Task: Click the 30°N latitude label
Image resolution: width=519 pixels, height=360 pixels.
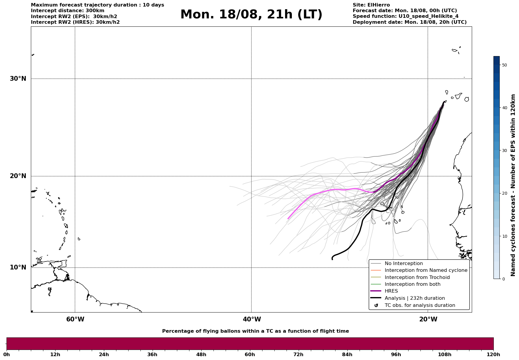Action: point(18,79)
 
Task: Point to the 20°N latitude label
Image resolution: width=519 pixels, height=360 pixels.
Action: point(18,176)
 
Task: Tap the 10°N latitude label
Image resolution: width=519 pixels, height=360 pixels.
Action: point(18,267)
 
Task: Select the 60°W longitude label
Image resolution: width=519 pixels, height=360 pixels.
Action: point(75,319)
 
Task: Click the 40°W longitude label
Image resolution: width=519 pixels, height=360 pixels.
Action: point(252,319)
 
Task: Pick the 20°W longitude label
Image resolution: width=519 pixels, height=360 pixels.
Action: point(428,319)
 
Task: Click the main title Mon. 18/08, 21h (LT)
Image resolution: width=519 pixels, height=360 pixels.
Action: point(251,15)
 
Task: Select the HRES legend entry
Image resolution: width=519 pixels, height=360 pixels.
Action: point(391,291)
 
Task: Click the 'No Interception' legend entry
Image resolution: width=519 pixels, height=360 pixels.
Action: point(404,264)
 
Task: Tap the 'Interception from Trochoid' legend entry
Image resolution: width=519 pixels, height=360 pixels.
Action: point(417,277)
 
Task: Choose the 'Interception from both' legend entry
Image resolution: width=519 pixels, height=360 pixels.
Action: point(412,284)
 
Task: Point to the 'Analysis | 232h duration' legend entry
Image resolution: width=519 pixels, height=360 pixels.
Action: point(414,298)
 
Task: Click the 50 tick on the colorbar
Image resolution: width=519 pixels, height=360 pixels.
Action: point(504,65)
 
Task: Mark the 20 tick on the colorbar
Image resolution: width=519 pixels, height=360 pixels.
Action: point(504,193)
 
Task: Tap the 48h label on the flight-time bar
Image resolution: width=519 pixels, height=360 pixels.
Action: point(201,354)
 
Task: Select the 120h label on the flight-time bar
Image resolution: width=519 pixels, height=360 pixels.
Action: point(493,354)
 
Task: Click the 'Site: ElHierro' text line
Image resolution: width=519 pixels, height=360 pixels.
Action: point(371,5)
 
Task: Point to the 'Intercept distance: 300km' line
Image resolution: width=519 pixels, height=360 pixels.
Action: point(67,11)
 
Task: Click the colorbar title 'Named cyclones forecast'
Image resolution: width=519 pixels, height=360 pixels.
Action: point(513,185)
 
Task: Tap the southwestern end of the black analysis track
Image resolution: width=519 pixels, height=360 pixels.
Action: point(332,259)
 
